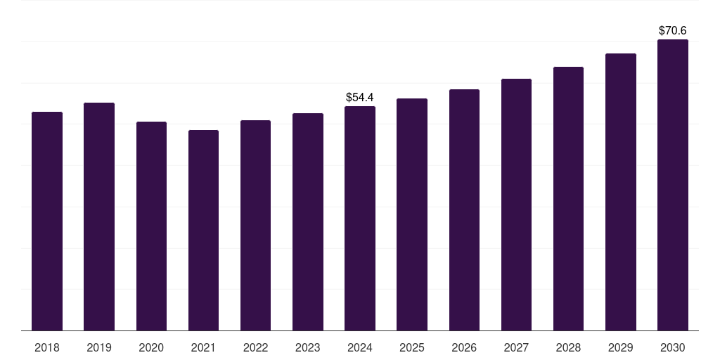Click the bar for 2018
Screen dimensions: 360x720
[47, 221]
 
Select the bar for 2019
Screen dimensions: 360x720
[99, 217]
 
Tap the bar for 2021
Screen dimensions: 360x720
[203, 230]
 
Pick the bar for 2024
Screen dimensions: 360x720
[360, 218]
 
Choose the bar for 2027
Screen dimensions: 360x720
[516, 205]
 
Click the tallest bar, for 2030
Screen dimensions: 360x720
[672, 185]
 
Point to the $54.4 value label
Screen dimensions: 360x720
[360, 97]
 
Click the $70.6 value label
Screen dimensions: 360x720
[672, 30]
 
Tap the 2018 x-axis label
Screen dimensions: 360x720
[47, 347]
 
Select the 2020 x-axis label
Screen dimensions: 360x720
[151, 347]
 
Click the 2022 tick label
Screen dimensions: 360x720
[255, 347]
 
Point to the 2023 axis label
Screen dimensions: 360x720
[308, 347]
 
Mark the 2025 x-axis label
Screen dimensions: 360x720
[412, 347]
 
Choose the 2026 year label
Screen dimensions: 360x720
[464, 347]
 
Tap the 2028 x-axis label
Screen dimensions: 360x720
[568, 347]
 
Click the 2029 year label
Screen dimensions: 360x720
[620, 347]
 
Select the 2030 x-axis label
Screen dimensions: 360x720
[672, 347]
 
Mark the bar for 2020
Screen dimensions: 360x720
[151, 226]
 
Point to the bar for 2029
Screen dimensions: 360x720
[620, 192]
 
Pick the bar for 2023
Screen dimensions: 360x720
[308, 221]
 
